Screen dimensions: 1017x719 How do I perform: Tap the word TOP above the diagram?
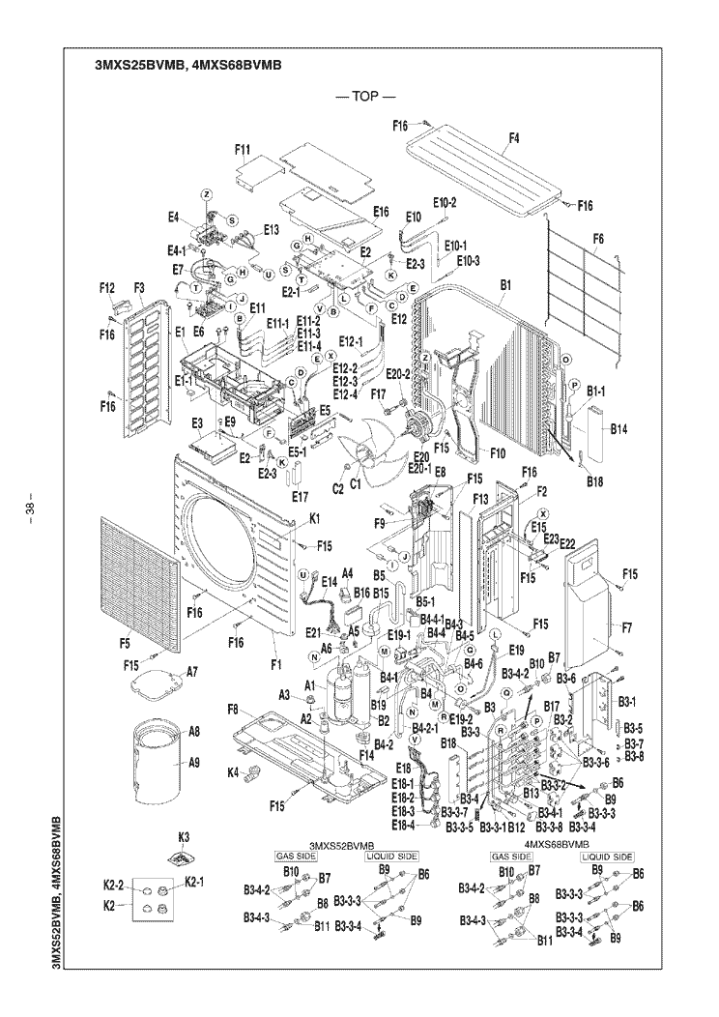pos(365,98)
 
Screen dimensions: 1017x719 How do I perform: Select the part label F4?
pos(513,138)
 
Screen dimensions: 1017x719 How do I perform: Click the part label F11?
pos(243,149)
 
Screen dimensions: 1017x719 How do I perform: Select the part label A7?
pos(192,671)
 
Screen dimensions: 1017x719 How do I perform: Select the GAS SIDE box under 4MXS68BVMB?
pos(511,857)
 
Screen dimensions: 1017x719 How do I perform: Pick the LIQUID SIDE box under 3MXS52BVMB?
pos(390,857)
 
